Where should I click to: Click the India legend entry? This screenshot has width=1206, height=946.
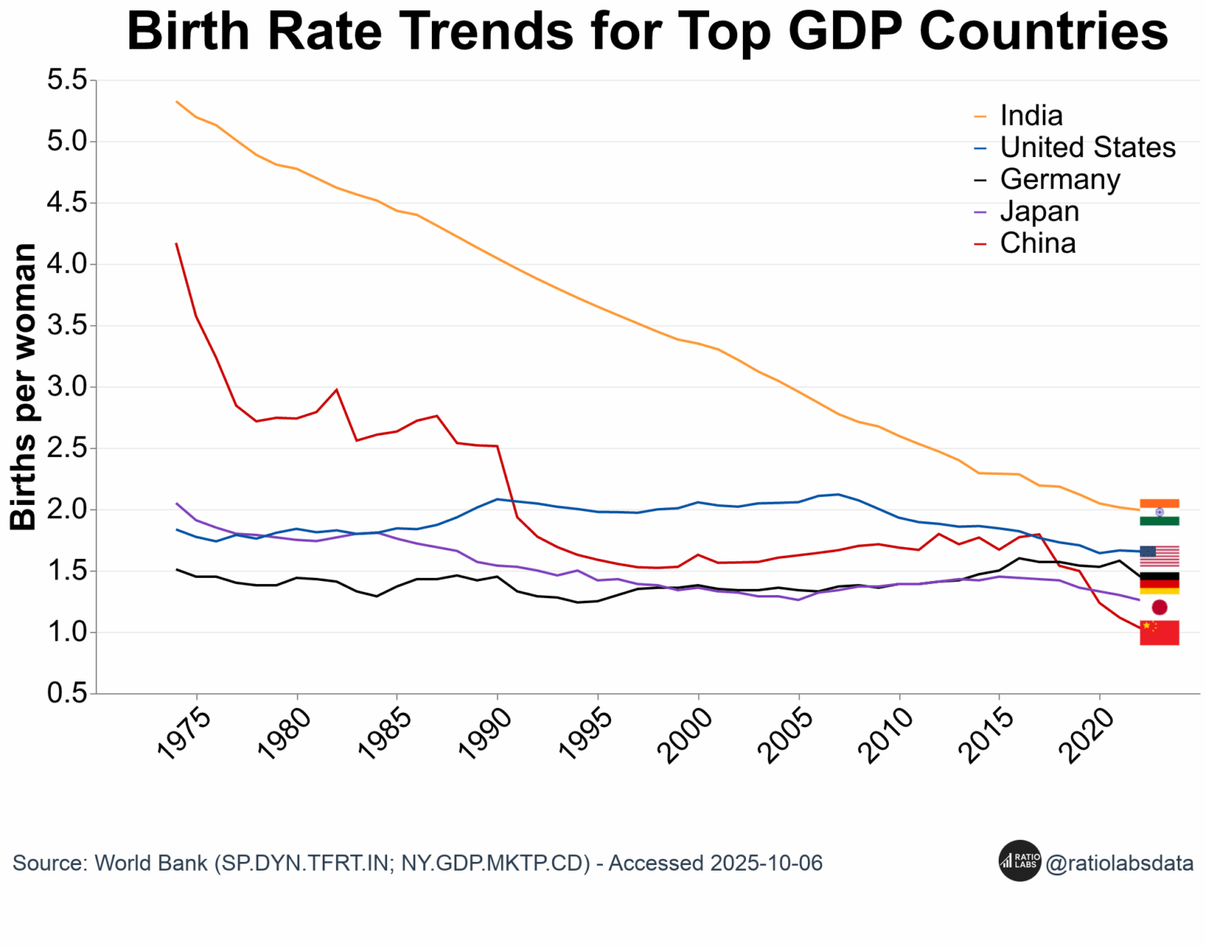pyautogui.click(x=1019, y=115)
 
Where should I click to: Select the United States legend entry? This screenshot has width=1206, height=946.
pyautogui.click(x=1075, y=147)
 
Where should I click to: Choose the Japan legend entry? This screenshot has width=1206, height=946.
pyautogui.click(x=1027, y=211)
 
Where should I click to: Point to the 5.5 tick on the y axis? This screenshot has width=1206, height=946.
pyautogui.click(x=68, y=80)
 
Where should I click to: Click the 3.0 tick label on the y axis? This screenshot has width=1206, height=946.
pyautogui.click(x=68, y=387)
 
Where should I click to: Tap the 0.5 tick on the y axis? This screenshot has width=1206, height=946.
pyautogui.click(x=68, y=693)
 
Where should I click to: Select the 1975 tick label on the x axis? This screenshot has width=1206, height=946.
pyautogui.click(x=185, y=735)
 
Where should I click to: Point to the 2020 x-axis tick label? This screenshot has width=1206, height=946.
pyautogui.click(x=1086, y=736)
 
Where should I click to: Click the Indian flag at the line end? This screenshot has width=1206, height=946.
pyautogui.click(x=1160, y=512)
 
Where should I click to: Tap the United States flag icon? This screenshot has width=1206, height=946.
pyautogui.click(x=1160, y=556)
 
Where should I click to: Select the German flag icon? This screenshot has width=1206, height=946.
pyautogui.click(x=1160, y=583)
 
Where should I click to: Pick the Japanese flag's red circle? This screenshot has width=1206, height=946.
pyautogui.click(x=1160, y=608)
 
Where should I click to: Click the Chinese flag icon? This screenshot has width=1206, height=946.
pyautogui.click(x=1160, y=633)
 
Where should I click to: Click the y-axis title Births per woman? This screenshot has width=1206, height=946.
pyautogui.click(x=23, y=387)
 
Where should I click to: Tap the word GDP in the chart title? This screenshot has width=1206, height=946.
pyautogui.click(x=846, y=31)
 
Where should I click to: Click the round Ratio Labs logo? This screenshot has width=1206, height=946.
pyautogui.click(x=1019, y=860)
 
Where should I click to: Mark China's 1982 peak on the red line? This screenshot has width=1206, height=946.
pyautogui.click(x=336, y=389)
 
